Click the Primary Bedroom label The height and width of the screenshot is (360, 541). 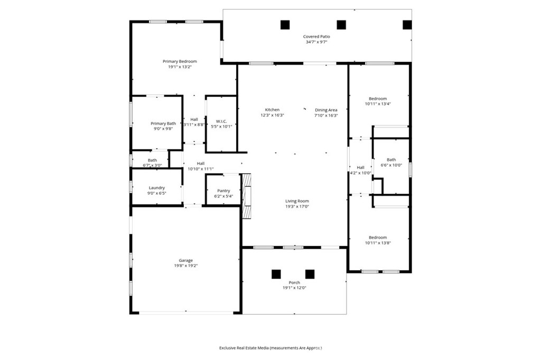click(x=180, y=61)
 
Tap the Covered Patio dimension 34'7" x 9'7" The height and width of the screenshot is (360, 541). click(x=316, y=42)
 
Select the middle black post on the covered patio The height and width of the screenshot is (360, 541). click(x=341, y=24)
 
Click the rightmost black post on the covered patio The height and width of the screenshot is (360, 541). click(x=407, y=24)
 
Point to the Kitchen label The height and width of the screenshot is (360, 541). click(x=272, y=110)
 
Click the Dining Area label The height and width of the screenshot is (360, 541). click(x=326, y=110)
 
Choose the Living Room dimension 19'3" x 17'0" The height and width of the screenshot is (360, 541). click(x=297, y=206)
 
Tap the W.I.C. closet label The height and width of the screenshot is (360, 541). click(x=221, y=121)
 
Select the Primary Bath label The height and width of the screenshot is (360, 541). click(x=163, y=123)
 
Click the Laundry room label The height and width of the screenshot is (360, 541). click(x=156, y=187)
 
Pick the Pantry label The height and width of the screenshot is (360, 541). click(x=223, y=191)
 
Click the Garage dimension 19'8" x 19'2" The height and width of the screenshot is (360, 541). click(x=185, y=266)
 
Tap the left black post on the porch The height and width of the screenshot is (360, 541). click(x=276, y=274)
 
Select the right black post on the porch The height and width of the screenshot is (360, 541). click(x=310, y=274)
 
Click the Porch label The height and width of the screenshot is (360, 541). click(x=294, y=282)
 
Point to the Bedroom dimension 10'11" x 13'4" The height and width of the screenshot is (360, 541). click(x=378, y=104)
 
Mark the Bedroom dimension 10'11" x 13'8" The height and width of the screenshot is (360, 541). click(x=378, y=243)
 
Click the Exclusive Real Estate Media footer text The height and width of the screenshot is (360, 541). click(x=270, y=348)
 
